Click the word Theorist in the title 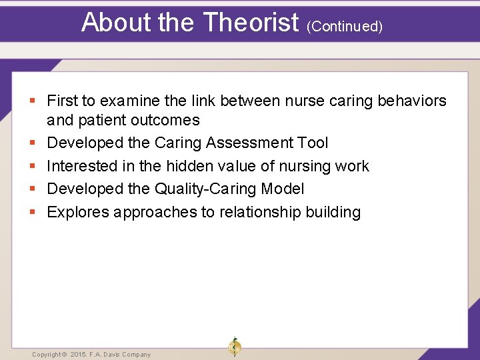pos(250,23)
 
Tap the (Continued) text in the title pos(344,26)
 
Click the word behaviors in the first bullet pos(411,101)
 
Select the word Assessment pos(251,143)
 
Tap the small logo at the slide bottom pos(234,347)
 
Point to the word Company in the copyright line pos(136,355)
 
